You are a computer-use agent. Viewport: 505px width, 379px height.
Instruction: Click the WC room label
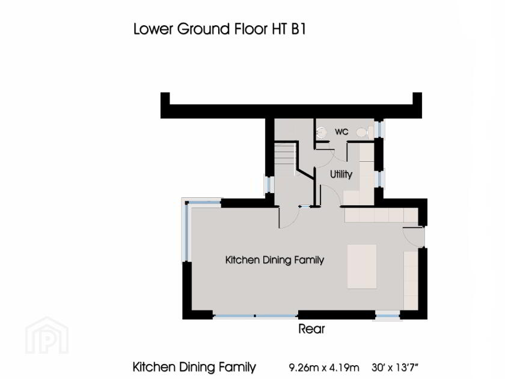pos(341,132)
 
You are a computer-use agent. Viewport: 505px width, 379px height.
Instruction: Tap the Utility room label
pos(341,174)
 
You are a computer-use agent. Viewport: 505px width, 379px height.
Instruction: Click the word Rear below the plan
pos(311,329)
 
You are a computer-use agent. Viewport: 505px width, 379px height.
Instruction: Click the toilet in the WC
pos(362,132)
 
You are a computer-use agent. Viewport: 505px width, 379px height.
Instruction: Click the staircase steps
pos(284,161)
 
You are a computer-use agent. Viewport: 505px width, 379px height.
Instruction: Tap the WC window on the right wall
pos(379,129)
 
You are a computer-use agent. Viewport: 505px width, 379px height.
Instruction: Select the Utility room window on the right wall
pos(379,179)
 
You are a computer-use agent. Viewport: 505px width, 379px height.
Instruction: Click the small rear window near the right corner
pos(388,314)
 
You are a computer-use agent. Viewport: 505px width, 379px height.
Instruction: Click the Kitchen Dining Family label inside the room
pos(275,260)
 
